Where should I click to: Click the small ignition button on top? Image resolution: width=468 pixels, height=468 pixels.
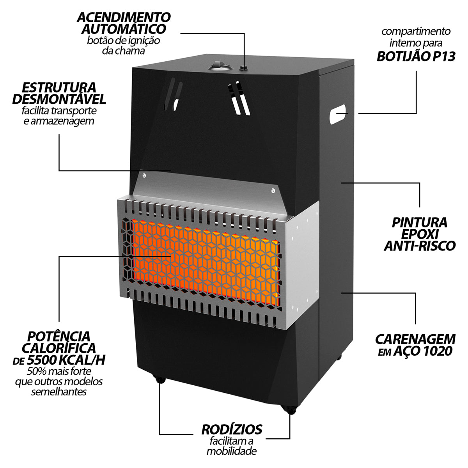(x=245, y=68)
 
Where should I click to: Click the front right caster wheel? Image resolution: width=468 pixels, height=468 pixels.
(x=290, y=410)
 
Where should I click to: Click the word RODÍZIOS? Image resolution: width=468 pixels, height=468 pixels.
(x=232, y=430)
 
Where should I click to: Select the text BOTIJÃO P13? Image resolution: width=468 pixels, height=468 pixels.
(x=416, y=57)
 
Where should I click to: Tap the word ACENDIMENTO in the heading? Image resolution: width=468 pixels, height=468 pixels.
(x=124, y=17)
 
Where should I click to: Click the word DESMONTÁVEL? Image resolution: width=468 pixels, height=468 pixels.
(x=59, y=99)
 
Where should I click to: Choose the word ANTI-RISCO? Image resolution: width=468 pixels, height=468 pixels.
(x=420, y=246)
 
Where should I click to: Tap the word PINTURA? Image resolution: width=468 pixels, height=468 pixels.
(x=419, y=223)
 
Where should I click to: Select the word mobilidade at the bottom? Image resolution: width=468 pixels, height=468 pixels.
(x=231, y=452)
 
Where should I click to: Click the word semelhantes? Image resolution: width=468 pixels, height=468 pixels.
(x=59, y=392)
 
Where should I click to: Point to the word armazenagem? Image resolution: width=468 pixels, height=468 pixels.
(x=58, y=121)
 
